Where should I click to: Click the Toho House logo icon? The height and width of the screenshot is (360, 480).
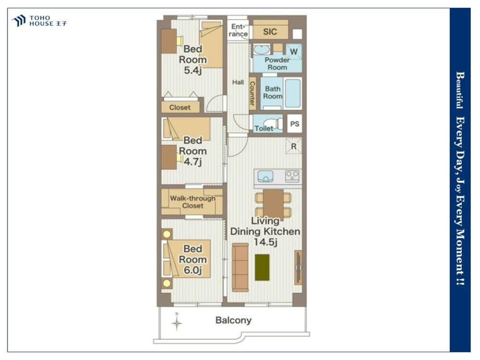(19, 21)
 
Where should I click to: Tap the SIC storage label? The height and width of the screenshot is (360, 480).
(270, 32)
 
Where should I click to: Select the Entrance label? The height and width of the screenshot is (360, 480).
(238, 30)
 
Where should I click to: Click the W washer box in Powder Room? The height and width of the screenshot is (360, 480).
(294, 51)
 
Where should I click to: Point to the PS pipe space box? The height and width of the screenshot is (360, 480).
(295, 124)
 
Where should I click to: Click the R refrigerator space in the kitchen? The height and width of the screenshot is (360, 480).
(294, 146)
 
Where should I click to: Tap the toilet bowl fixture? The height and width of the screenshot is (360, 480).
(279, 123)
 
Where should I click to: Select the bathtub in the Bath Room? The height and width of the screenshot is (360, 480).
(293, 94)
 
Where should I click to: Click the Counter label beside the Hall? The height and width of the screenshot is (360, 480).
(252, 94)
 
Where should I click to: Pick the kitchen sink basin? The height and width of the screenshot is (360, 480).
(265, 176)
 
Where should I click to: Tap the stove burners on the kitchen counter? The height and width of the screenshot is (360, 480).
(292, 176)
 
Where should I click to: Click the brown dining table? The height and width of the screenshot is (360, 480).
(274, 204)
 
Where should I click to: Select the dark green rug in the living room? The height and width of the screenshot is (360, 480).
(263, 267)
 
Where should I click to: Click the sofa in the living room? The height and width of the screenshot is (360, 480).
(240, 267)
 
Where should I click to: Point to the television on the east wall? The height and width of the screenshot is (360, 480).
(298, 267)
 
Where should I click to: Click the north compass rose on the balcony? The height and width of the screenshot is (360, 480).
(177, 323)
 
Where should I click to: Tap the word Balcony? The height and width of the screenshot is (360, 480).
(234, 320)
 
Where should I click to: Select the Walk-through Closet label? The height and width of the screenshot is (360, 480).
(192, 202)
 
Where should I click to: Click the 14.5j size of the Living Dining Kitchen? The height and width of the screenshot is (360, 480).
(265, 242)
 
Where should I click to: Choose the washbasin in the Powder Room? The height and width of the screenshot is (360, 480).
(262, 50)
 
